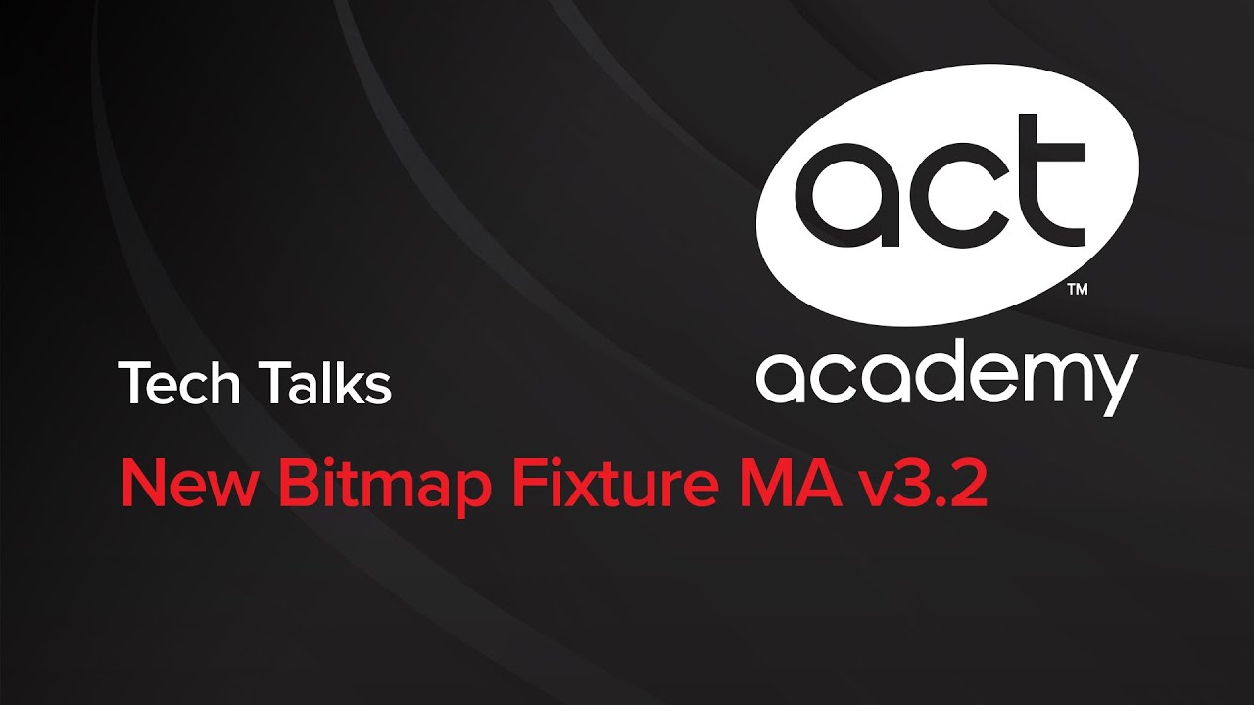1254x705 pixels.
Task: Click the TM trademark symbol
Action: click(x=1076, y=290)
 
